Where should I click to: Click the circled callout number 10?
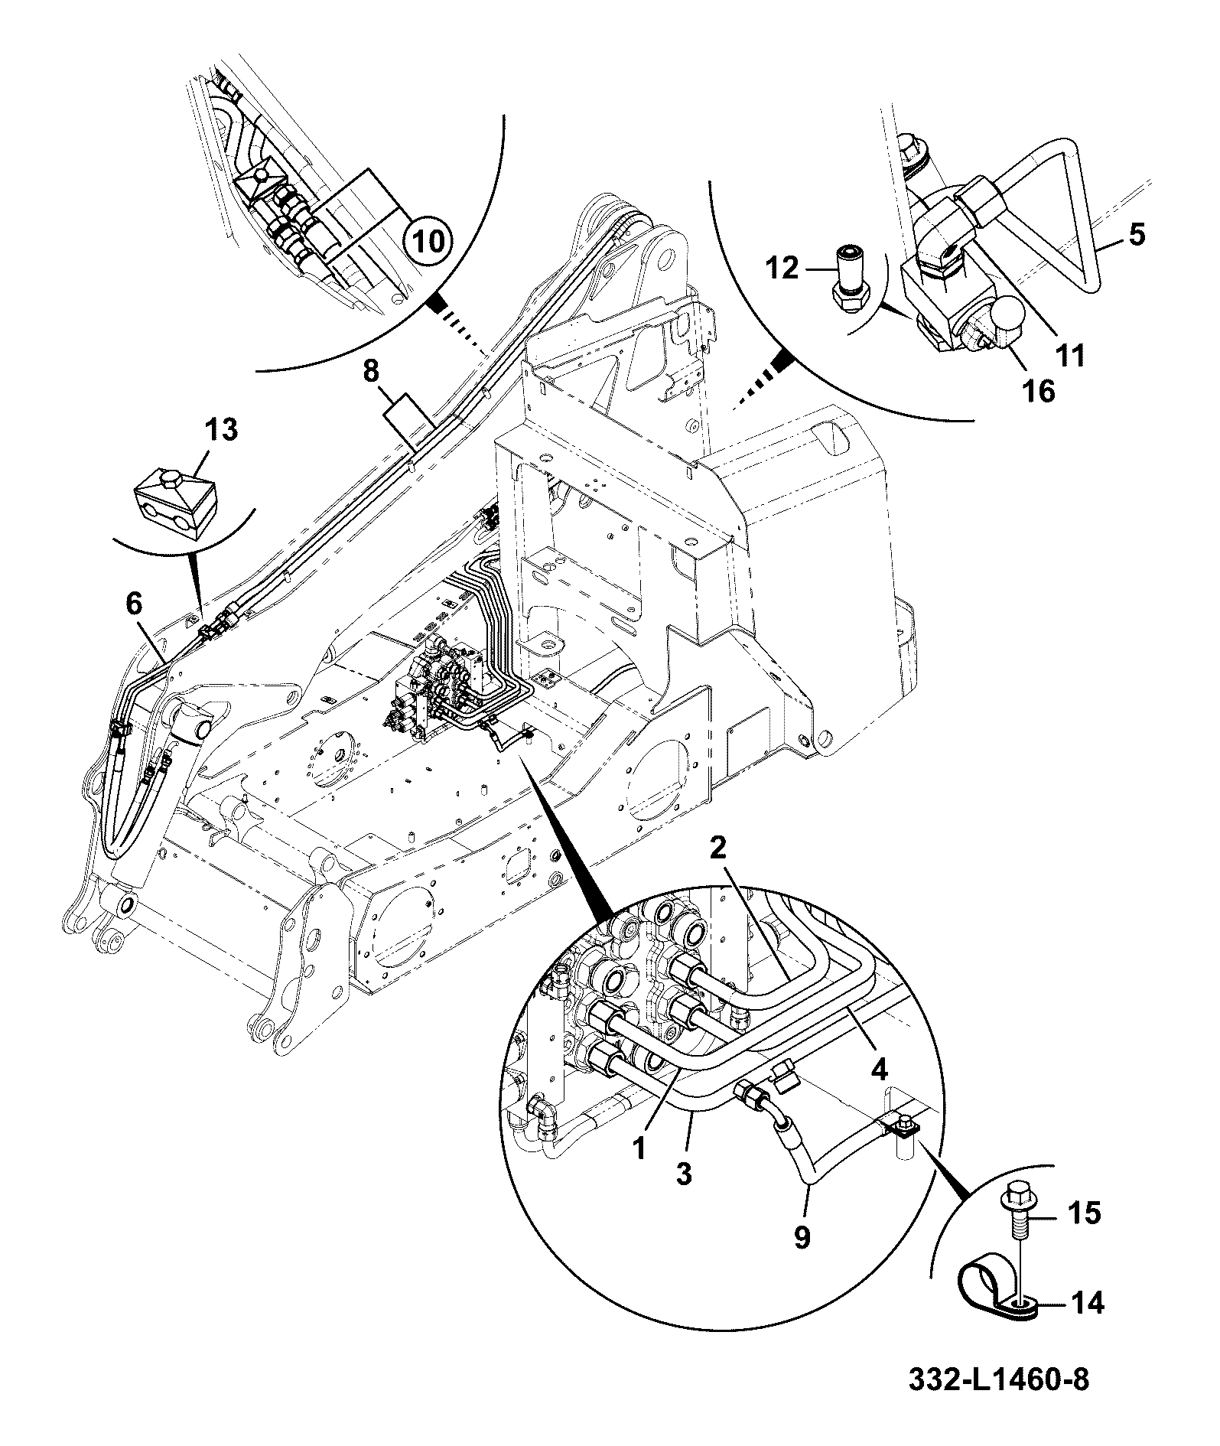[427, 242]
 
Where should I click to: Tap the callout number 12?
[781, 269]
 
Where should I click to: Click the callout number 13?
[220, 430]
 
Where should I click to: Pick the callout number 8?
[370, 373]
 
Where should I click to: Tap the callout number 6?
[133, 604]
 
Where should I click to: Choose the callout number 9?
[801, 1237]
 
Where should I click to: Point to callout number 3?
[683, 1174]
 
